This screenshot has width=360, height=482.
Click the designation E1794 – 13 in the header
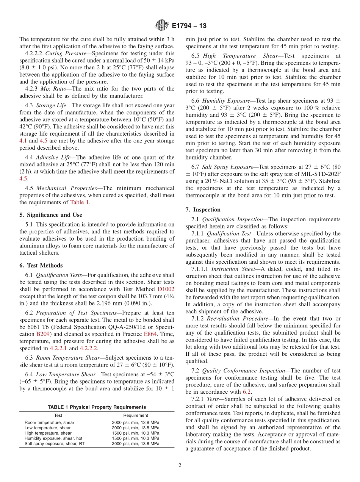pos(189,26)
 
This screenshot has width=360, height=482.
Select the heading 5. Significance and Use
pos(50,215)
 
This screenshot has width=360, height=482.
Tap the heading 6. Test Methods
pos(41,265)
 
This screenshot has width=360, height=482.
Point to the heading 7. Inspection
pos(203,210)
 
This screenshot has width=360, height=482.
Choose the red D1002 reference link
pos(166,289)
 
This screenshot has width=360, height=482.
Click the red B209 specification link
pos(43,334)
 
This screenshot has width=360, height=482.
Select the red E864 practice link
pos(150,334)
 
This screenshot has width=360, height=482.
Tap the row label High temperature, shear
pos(48,433)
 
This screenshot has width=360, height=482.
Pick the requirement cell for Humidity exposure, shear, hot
pos(135,438)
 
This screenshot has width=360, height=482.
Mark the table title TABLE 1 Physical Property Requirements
pos(97,407)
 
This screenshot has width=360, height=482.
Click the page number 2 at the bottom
pos(180,465)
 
